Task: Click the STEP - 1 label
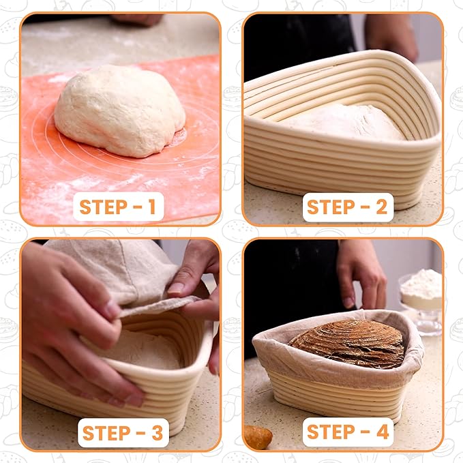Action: point(118,207)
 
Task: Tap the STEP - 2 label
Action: point(347,207)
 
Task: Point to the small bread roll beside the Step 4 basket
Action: point(258,436)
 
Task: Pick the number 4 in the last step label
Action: point(379,432)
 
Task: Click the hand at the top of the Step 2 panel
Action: point(392,34)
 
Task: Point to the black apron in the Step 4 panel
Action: point(293,286)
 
